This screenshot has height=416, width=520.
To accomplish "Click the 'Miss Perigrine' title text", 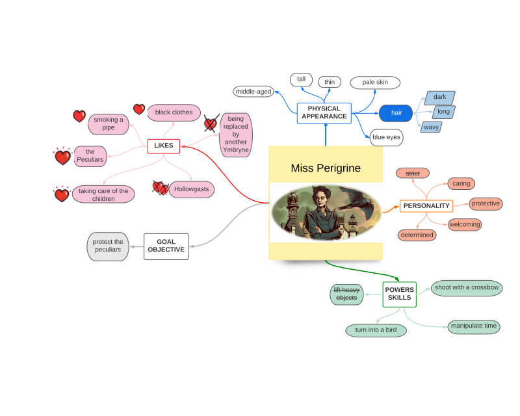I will (x=325, y=168).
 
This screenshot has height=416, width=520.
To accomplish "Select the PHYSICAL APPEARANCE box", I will (x=324, y=112).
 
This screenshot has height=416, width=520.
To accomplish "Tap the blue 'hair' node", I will (x=396, y=113).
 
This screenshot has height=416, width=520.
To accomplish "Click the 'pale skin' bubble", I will (x=375, y=83).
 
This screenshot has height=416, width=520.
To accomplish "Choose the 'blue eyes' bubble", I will (x=387, y=137).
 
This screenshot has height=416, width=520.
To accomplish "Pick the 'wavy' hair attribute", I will (x=431, y=127).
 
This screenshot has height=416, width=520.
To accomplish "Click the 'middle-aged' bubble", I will (x=253, y=92).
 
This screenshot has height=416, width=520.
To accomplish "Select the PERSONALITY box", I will (x=426, y=206).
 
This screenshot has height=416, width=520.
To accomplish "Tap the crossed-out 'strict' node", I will (x=413, y=173).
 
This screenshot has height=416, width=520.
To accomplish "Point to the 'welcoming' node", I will (x=465, y=224).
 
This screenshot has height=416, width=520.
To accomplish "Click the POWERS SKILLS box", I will (x=399, y=294).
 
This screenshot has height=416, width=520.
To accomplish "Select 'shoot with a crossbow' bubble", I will (x=467, y=287).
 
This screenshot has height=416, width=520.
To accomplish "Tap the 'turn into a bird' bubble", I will (x=376, y=330).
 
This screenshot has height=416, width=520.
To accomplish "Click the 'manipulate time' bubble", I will (x=474, y=326).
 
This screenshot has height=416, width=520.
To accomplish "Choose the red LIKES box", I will (x=163, y=146).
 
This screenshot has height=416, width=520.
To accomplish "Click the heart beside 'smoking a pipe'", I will (x=79, y=116).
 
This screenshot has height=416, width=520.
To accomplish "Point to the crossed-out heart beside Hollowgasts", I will (x=160, y=188).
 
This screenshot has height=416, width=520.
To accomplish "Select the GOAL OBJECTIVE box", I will (x=166, y=246).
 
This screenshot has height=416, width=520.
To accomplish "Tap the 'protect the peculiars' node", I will (x=108, y=246).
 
